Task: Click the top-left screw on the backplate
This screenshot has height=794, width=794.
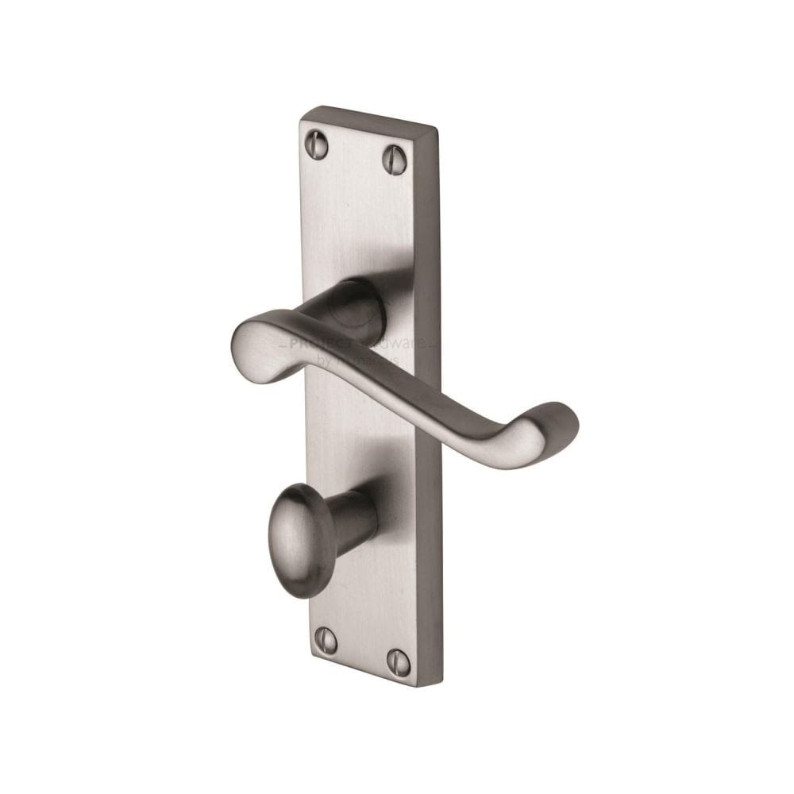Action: click(316, 145)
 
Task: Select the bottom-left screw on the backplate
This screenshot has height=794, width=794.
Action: click(326, 640)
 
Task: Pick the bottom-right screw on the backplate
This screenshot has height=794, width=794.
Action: click(399, 662)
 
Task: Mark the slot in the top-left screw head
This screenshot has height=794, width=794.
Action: click(316, 145)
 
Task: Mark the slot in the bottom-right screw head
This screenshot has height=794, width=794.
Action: click(399, 662)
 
